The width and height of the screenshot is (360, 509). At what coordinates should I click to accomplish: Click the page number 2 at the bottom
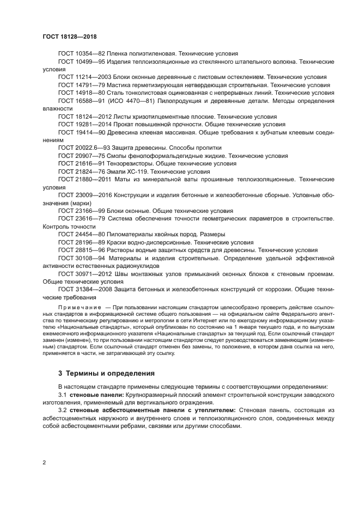(x=44, y=462)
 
